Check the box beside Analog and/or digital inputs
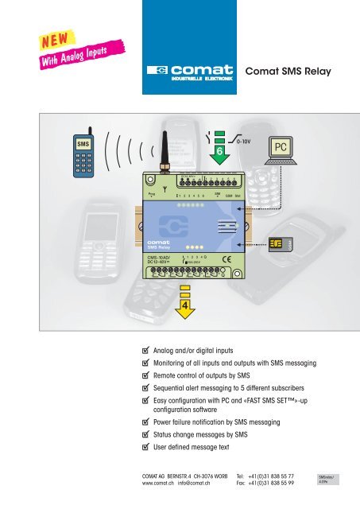(140, 349)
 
